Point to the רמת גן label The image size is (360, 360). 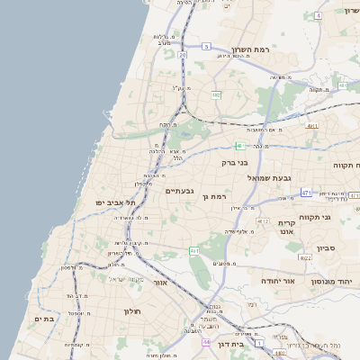click(x=218, y=196)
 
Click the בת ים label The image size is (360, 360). click(x=44, y=319)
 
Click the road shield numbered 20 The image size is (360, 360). click(x=183, y=55)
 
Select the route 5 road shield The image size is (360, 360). click(x=206, y=46)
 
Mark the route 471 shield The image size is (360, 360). click(x=306, y=193)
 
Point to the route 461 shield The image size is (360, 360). click(x=193, y=250)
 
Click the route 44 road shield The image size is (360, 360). click(x=205, y=343)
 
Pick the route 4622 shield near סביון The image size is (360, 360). click(x=305, y=257)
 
